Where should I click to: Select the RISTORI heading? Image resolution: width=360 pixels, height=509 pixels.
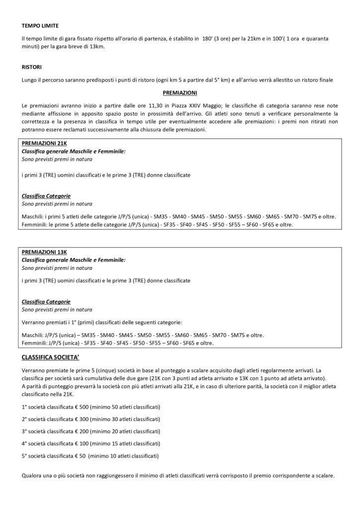[x=33, y=66]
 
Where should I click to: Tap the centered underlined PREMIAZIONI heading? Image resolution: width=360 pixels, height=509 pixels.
[x=180, y=93]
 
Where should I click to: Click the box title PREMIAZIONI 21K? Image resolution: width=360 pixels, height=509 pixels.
[x=44, y=144]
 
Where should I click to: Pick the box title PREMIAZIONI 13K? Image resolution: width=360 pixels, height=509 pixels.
[x=44, y=253]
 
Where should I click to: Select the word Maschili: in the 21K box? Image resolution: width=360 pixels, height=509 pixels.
[x=33, y=217]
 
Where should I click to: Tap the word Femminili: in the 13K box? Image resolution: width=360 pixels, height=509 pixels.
[x=35, y=342]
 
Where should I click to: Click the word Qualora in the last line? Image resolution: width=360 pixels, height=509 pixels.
[x=34, y=475]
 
